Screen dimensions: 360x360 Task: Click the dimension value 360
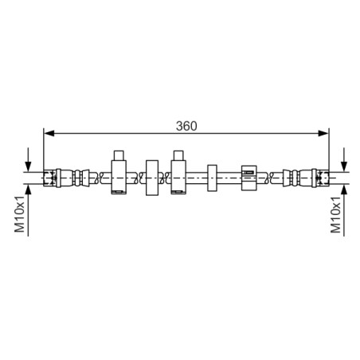(186, 126)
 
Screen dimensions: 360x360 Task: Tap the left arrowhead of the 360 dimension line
(49, 133)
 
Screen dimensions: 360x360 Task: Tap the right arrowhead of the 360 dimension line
(323, 133)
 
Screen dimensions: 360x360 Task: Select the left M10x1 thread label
(19, 214)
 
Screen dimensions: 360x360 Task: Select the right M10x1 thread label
(335, 214)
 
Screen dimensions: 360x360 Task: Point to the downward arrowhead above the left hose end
(28, 166)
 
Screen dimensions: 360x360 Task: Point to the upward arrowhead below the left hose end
(28, 190)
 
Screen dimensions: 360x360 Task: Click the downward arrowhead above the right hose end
(344, 166)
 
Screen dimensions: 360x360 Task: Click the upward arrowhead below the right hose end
(344, 190)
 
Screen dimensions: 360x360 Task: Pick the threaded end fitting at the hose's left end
(66, 178)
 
